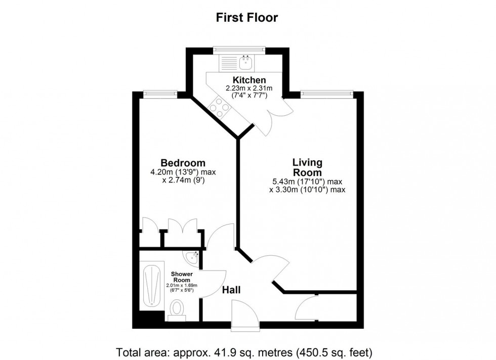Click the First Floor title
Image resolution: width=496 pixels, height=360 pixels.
(247, 17)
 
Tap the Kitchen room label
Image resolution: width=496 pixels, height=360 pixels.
(249, 80)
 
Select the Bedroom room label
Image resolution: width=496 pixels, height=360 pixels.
(183, 163)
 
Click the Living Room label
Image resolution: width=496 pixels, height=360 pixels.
(307, 167)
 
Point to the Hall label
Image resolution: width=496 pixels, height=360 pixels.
(231, 290)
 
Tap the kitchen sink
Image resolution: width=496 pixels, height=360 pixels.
(244, 63)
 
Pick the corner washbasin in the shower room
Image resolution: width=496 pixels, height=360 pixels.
(192, 258)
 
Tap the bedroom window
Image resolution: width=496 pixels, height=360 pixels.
(160, 93)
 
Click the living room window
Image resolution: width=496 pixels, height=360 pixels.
(326, 93)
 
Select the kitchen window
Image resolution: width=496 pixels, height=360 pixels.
(239, 49)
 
